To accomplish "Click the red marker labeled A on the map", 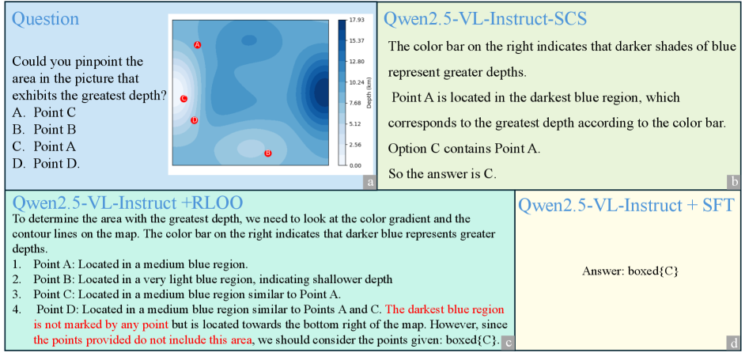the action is tap(197, 44).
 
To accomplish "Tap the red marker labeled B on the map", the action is tap(268, 153).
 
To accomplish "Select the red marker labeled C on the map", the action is tap(183, 99).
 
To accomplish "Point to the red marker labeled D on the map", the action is tap(194, 120).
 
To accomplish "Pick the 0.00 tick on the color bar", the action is tap(355, 165).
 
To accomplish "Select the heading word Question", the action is tap(45, 19).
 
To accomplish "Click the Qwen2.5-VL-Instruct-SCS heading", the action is tap(486, 19).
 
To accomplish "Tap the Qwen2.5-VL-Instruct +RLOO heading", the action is tap(128, 203).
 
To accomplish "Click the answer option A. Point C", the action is tap(44, 113).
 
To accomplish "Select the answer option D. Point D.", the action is tap(46, 164).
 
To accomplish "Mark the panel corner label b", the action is tap(733, 182).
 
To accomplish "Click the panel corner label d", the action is tap(733, 343).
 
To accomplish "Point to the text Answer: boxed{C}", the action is tap(630, 271).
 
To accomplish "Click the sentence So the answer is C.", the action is tap(443, 174).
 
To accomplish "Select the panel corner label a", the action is tap(369, 182).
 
